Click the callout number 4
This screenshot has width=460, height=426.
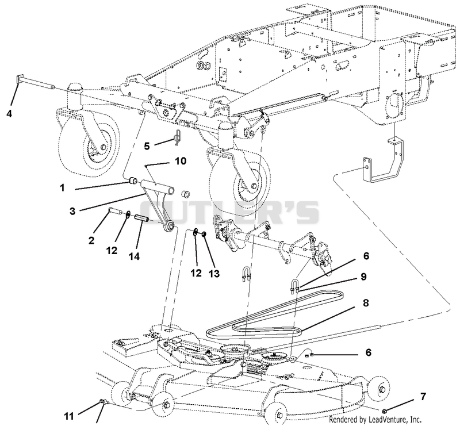(9, 113)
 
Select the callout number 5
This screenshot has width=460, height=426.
(147, 146)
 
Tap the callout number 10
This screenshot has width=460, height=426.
(181, 161)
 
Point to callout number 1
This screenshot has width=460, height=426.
(62, 187)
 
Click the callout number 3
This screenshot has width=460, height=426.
(72, 211)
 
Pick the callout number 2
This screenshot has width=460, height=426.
(91, 240)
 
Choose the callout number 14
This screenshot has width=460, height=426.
(134, 256)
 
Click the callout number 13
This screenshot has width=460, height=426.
(214, 274)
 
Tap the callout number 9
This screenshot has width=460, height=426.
(363, 277)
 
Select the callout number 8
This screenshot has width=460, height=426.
(366, 303)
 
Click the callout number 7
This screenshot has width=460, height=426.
(423, 397)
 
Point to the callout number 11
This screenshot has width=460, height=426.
(70, 416)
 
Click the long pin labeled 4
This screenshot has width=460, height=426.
(35, 83)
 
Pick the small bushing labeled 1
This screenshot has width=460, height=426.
(133, 179)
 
